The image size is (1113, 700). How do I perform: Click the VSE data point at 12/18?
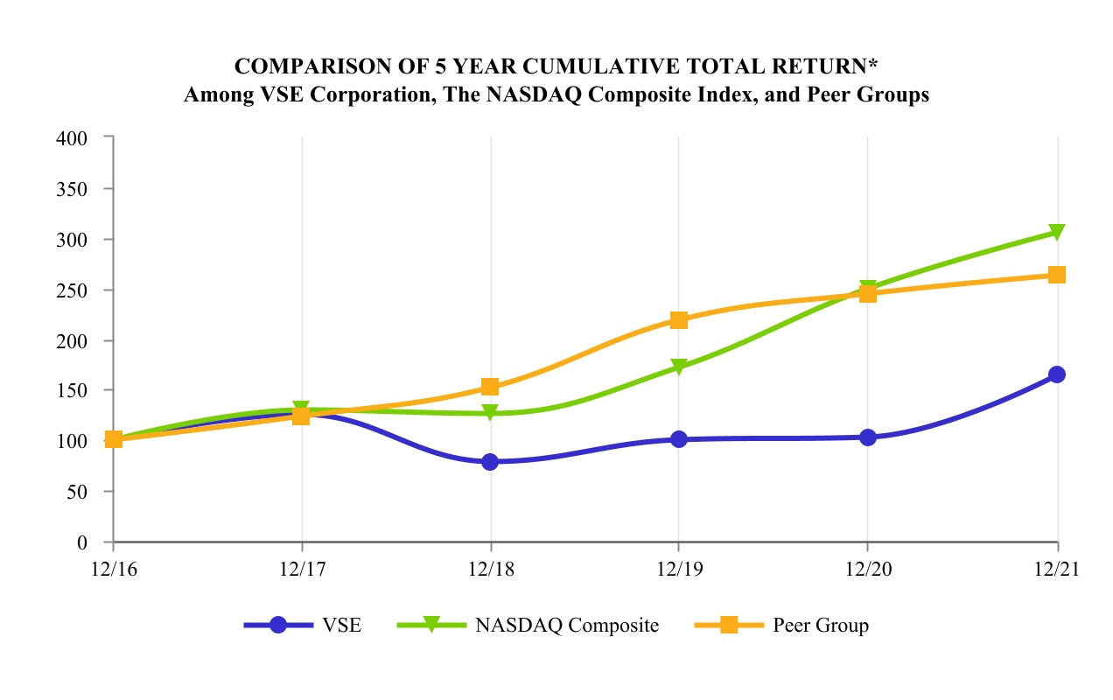tap(490, 462)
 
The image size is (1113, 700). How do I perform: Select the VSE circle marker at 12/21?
tap(1057, 374)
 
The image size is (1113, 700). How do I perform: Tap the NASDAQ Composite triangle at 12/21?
tap(1057, 232)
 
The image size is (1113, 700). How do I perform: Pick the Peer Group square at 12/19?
tap(679, 320)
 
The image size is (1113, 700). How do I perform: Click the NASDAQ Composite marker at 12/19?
tap(679, 367)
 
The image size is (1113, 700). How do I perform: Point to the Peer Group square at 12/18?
tap(490, 387)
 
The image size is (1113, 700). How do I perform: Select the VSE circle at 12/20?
tap(868, 437)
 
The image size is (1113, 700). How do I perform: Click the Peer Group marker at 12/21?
tap(1057, 275)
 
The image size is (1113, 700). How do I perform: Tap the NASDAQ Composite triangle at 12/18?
tap(490, 412)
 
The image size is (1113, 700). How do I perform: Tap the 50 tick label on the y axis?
tap(80, 492)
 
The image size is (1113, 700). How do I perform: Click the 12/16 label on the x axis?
tap(112, 567)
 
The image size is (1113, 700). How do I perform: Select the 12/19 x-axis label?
tap(679, 567)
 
